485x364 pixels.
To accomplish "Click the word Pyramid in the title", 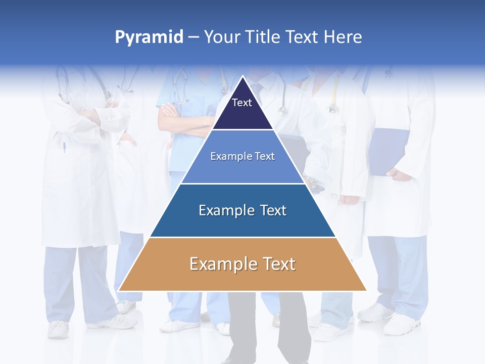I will [149, 37].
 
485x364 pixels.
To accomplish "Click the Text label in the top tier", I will [242, 103].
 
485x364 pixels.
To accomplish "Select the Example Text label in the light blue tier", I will [243, 156].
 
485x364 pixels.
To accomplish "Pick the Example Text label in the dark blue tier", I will [243, 210].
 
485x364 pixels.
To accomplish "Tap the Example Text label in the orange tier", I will [243, 264].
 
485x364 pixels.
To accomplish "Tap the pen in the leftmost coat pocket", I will [64, 147].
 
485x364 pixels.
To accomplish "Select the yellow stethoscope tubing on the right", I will [335, 94].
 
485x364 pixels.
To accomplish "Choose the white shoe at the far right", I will [402, 324].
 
